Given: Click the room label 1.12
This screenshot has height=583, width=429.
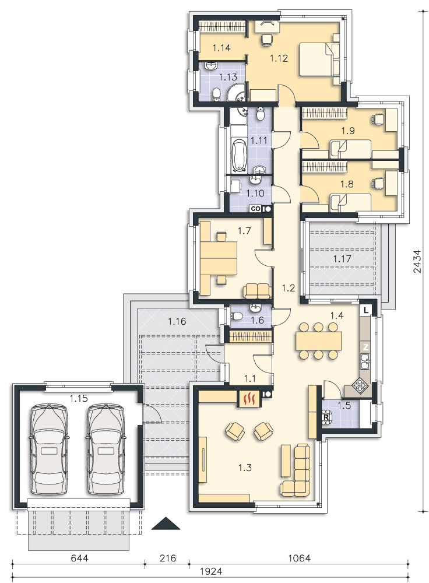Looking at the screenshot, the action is (x=279, y=58).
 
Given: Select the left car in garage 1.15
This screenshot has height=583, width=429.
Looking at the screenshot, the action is (x=49, y=449).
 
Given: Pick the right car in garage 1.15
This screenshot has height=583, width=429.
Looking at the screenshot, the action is (x=106, y=449).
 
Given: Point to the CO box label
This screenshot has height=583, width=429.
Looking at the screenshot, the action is (x=256, y=209).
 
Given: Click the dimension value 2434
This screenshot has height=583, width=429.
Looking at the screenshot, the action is (x=417, y=261).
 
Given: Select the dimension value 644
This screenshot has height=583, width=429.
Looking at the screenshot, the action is (x=79, y=558).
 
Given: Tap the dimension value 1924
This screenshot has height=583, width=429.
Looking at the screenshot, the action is (x=211, y=571).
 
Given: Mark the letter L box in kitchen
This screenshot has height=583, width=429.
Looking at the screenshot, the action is (x=366, y=310).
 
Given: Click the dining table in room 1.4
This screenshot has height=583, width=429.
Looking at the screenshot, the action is (x=319, y=340).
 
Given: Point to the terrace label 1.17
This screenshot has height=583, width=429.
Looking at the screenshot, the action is (x=342, y=259).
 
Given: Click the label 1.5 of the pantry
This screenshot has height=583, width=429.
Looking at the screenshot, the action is (x=344, y=405).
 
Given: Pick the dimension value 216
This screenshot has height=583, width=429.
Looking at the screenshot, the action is (x=168, y=558).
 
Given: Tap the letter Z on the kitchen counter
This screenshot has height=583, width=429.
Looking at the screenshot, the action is (x=366, y=347).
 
